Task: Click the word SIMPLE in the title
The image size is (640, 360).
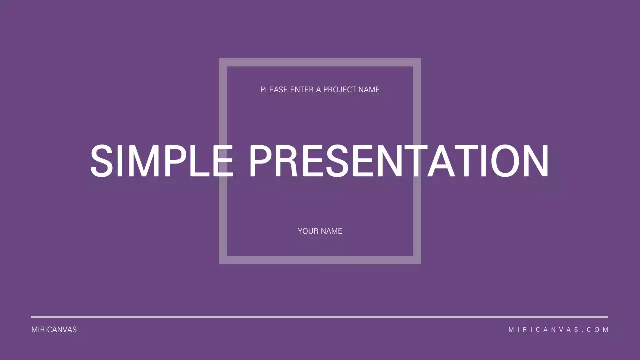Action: pyautogui.click(x=161, y=161)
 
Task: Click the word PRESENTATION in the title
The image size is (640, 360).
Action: pyautogui.click(x=398, y=161)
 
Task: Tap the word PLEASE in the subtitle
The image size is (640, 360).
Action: pyautogui.click(x=274, y=90)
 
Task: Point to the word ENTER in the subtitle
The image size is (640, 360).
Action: pyautogui.click(x=302, y=90)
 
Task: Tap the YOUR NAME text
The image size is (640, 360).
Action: pyautogui.click(x=320, y=231)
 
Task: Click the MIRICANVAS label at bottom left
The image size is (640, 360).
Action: pyautogui.click(x=54, y=330)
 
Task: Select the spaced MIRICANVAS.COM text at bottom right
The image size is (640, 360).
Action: pyautogui.click(x=558, y=330)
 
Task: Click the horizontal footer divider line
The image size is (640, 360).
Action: pyautogui.click(x=320, y=317)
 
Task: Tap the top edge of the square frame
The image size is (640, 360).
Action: pyautogui.click(x=320, y=63)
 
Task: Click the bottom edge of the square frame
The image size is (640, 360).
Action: pyautogui.click(x=320, y=260)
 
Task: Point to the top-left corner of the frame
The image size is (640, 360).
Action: pyautogui.click(x=223, y=63)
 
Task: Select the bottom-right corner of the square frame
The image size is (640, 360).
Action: pyautogui.click(x=417, y=260)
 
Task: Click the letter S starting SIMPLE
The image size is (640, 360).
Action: pyautogui.click(x=102, y=161)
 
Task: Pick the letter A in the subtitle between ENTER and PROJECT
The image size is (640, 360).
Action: pyautogui.click(x=319, y=90)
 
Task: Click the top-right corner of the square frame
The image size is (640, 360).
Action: pyautogui.click(x=417, y=63)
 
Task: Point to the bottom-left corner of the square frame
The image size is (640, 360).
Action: pyautogui.click(x=223, y=260)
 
